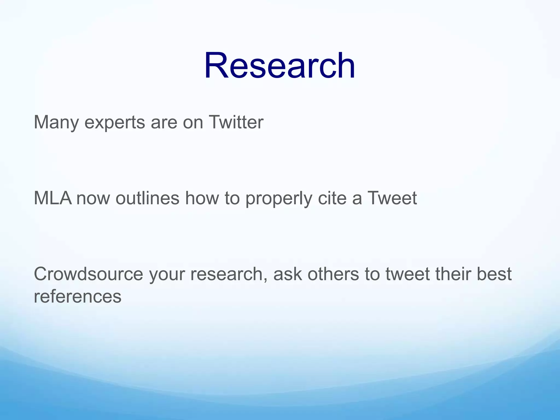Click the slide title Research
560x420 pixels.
tap(279, 66)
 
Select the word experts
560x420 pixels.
tap(115, 123)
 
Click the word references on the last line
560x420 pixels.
tap(77, 296)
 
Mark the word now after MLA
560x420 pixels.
tap(93, 198)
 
